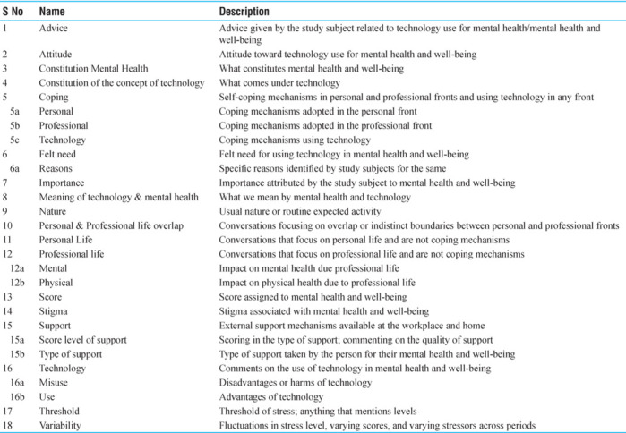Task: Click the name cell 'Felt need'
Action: tap(59, 154)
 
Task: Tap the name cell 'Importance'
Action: tap(62, 183)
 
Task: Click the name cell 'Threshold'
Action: tap(60, 411)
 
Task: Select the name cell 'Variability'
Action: tap(61, 425)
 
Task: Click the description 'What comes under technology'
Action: tap(282, 83)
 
